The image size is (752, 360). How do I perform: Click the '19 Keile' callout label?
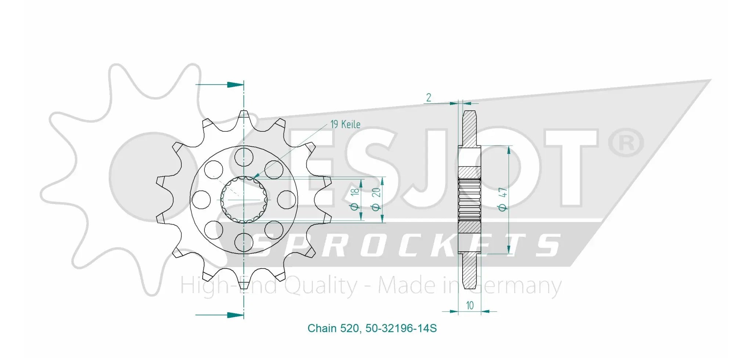pyautogui.click(x=345, y=124)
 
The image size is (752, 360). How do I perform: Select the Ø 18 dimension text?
pyautogui.click(x=355, y=199)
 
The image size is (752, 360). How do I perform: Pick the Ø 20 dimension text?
pyautogui.click(x=376, y=199)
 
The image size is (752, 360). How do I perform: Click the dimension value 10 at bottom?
pyautogui.click(x=470, y=305)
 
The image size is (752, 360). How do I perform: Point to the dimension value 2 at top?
pyautogui.click(x=429, y=98)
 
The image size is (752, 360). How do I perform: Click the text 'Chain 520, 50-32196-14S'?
pyautogui.click(x=372, y=328)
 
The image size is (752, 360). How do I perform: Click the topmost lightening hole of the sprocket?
pyautogui.click(x=244, y=156)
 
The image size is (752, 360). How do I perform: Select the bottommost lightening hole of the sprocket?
pyautogui.click(x=244, y=243)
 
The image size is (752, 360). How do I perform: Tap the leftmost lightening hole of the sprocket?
pyautogui.click(x=201, y=200)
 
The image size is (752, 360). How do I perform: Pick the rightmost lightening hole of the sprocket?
pyautogui.click(x=286, y=200)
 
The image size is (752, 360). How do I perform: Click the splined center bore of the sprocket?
pyautogui.click(x=244, y=200)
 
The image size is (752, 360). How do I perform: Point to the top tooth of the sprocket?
pyautogui.click(x=244, y=117)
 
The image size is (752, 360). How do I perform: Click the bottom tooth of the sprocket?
pyautogui.click(x=244, y=283)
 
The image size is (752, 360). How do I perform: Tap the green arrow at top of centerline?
pyautogui.click(x=235, y=85)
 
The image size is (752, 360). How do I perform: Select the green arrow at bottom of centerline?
pyautogui.click(x=235, y=315)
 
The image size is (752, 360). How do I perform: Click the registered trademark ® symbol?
pyautogui.click(x=626, y=143)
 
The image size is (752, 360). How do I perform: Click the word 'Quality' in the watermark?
pyautogui.click(x=321, y=286)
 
